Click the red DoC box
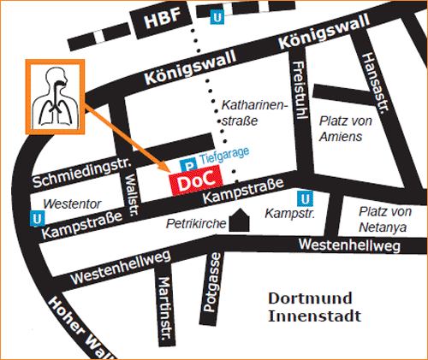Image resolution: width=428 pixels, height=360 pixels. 193,182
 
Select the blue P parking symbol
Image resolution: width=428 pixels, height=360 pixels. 186,163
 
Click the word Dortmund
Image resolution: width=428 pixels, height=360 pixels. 311,298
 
